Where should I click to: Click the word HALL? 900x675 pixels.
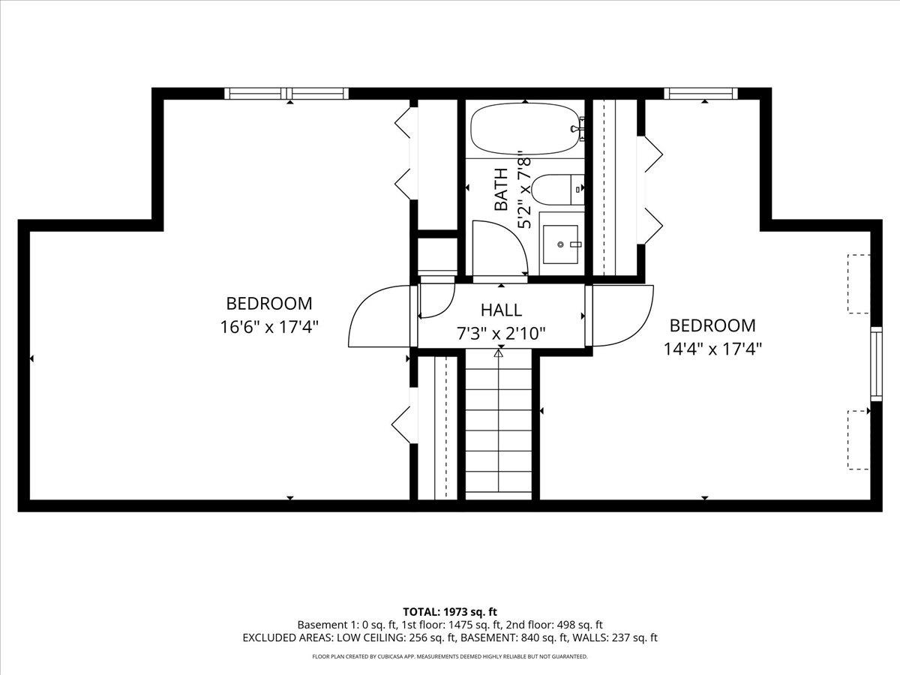[501, 310]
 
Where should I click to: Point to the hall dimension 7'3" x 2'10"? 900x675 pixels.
[501, 333]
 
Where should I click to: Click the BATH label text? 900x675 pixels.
[501, 188]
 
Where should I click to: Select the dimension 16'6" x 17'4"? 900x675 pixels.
[269, 327]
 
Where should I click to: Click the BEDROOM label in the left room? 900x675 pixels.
[269, 304]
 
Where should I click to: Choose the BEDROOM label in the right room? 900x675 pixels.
[712, 325]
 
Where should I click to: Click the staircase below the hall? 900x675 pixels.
[499, 427]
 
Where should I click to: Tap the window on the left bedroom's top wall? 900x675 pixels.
[286, 94]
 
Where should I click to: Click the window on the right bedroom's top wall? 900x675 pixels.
[700, 94]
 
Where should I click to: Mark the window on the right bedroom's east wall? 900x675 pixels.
[875, 363]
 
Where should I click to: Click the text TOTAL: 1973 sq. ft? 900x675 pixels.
[450, 612]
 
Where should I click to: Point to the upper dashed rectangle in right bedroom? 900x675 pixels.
[859, 284]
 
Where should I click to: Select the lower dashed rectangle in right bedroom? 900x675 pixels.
[859, 439]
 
